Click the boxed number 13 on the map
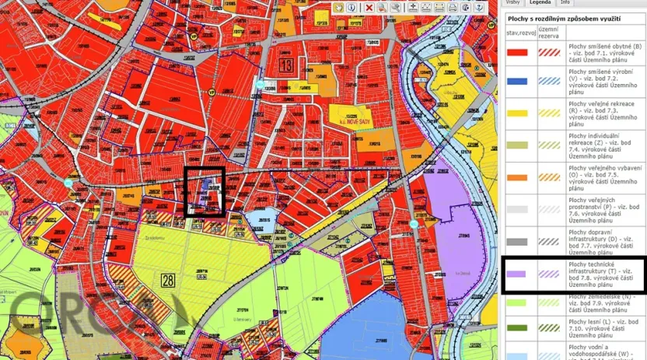(287, 66)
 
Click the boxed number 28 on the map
(169, 280)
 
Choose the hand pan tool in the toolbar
(339, 7)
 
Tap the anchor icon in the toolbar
(477, 7)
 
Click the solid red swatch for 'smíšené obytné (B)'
(517, 52)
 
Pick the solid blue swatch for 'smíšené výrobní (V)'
(517, 81)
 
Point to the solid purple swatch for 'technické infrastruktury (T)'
(517, 274)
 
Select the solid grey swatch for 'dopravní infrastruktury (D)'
(517, 241)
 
